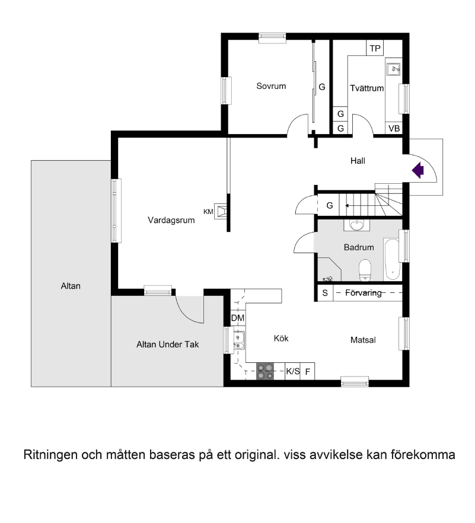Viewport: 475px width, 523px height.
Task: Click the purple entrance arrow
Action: [x=417, y=170]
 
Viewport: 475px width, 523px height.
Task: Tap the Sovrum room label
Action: [x=271, y=86]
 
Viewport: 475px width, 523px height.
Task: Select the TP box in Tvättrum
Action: [x=375, y=48]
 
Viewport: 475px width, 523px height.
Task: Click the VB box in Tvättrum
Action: [x=394, y=128]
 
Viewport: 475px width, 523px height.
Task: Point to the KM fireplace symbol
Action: [x=221, y=211]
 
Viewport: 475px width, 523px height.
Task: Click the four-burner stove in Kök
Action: [x=265, y=371]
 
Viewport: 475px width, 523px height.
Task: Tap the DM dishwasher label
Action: [x=238, y=318]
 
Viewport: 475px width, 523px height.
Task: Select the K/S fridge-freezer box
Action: [x=293, y=371]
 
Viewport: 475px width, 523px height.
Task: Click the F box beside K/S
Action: [x=308, y=371]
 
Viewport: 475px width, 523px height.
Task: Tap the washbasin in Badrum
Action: [x=357, y=225]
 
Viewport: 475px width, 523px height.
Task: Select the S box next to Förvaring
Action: [x=325, y=293]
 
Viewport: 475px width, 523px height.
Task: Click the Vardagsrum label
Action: [x=171, y=220]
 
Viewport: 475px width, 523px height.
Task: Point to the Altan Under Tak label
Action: [x=167, y=344]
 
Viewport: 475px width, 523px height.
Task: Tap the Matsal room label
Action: [x=363, y=340]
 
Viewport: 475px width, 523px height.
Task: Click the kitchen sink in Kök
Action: [x=238, y=340]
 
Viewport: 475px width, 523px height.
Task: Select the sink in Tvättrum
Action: [x=394, y=69]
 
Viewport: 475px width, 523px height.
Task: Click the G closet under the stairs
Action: [x=329, y=205]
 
